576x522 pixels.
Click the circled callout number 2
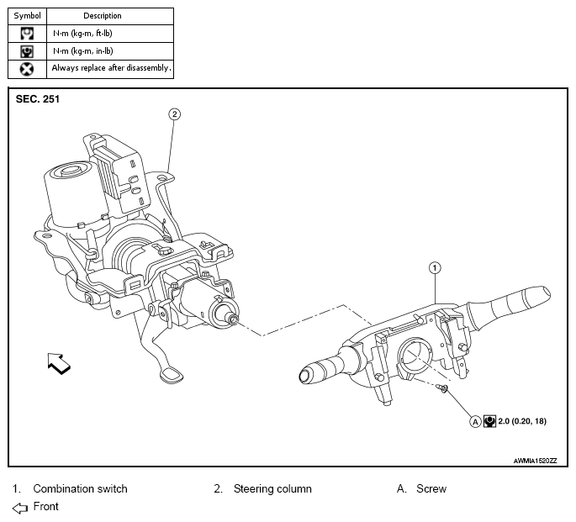click(x=175, y=114)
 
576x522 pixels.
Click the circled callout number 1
click(x=435, y=268)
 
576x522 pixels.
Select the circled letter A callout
click(x=475, y=422)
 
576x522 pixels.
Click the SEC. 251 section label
click(x=38, y=99)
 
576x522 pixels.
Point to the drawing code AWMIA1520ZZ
click(x=536, y=461)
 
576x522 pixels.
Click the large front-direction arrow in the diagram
click(x=59, y=363)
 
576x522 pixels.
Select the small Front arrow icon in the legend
click(x=20, y=508)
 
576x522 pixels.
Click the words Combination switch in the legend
click(x=80, y=489)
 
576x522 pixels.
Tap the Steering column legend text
click(x=272, y=489)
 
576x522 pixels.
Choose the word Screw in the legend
click(x=431, y=489)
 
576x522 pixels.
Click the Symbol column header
click(x=27, y=16)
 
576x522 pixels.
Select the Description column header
click(x=103, y=16)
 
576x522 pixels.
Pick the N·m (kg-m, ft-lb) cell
click(x=82, y=34)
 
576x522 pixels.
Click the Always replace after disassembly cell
click(x=111, y=68)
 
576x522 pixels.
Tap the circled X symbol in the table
click(x=27, y=69)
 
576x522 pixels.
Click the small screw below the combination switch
click(x=442, y=388)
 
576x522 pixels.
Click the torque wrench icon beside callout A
click(x=489, y=421)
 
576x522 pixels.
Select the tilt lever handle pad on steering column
click(x=172, y=376)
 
